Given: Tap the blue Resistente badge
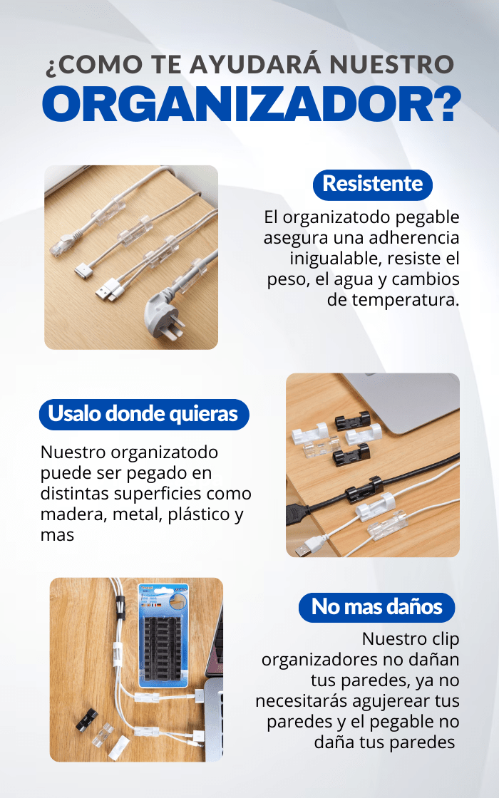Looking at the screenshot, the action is (x=372, y=185).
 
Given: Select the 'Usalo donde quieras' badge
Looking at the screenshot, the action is (x=143, y=414).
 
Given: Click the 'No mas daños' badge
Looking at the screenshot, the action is (x=376, y=607).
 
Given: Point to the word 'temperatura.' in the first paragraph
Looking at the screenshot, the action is (x=393, y=300).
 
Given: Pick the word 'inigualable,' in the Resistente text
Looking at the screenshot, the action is (x=336, y=259).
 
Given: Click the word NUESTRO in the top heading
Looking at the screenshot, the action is (x=391, y=65).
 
